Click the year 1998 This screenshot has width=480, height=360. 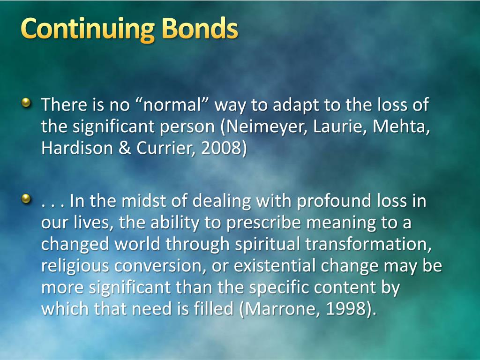pos(346,309)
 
